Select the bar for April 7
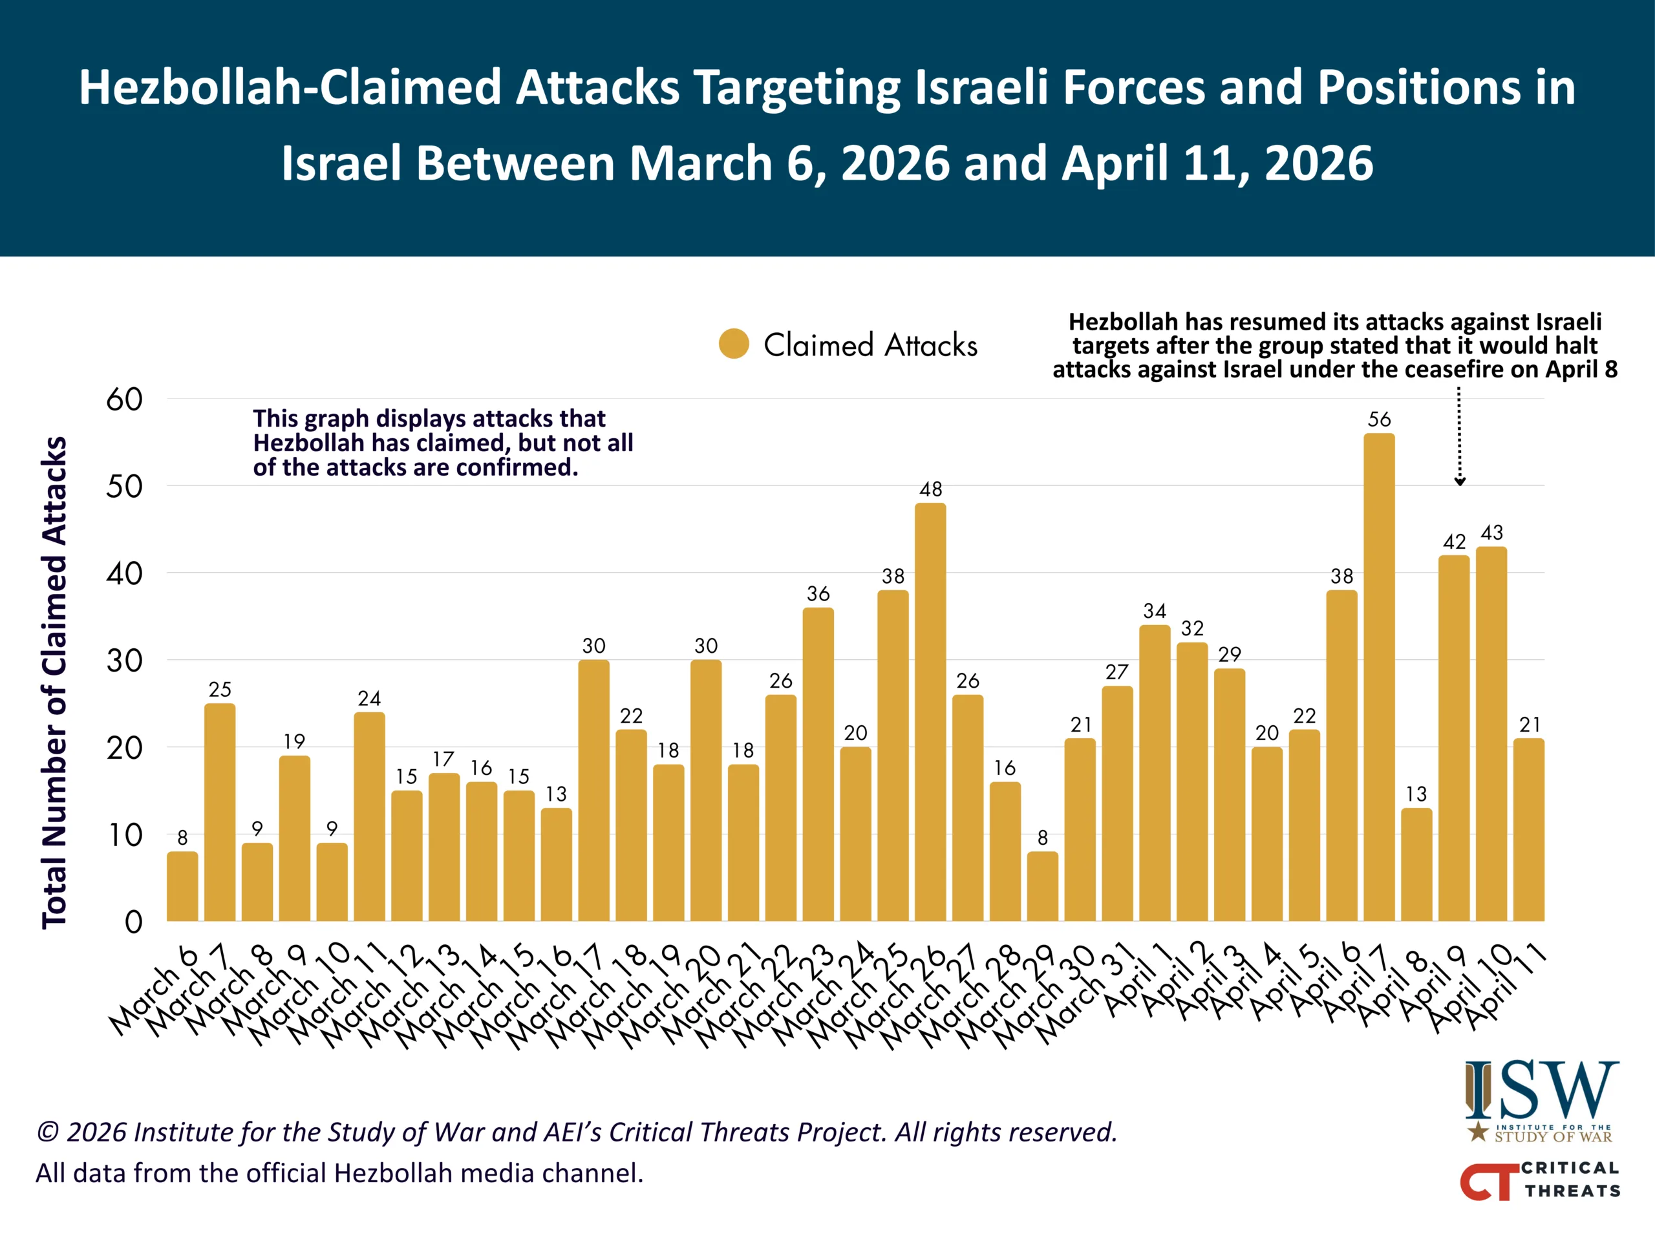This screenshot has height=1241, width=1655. pos(1379,677)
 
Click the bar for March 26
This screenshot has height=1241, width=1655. pos(930,712)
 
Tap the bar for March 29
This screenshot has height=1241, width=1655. pos(1042,886)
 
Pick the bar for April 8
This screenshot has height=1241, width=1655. pos(1416,864)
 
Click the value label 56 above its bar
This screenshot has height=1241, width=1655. pos(1379,419)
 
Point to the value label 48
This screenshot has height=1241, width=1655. pos(930,489)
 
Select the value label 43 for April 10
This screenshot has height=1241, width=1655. pos(1491,533)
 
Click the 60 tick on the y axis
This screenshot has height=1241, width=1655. pos(124,399)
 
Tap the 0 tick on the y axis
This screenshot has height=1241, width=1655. pos(133,922)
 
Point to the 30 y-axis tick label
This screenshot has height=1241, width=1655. pos(124,661)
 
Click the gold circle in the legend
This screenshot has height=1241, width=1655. pos(734,344)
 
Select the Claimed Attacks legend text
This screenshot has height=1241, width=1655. pos(870,345)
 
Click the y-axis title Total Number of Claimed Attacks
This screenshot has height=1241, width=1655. pos(54,682)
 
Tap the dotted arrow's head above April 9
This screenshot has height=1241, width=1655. pos(1459,482)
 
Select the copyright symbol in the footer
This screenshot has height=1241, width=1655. pos(48,1132)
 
